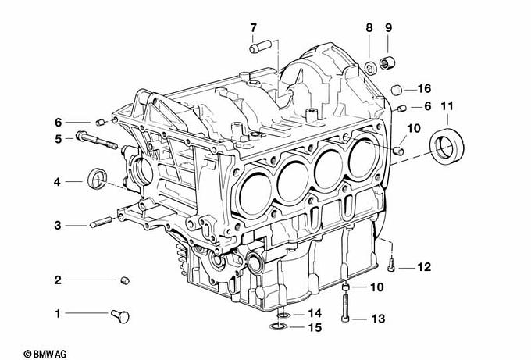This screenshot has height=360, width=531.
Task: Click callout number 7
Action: click(253, 29)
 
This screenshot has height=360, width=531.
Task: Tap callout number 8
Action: click(369, 29)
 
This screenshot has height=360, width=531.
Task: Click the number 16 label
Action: click(424, 87)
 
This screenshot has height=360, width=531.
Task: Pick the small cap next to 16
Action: click(397, 87)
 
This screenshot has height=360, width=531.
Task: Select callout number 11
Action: click(447, 105)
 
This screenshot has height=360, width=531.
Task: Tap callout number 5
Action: click(58, 139)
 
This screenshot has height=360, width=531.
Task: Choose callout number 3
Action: click(58, 226)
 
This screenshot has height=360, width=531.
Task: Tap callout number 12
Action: click(423, 268)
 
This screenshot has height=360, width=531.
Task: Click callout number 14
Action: click(314, 314)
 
